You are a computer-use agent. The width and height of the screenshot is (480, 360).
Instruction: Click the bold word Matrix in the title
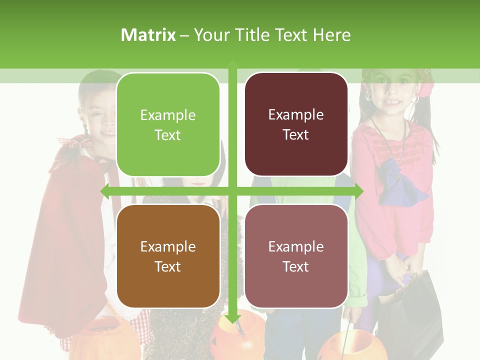tap(148, 35)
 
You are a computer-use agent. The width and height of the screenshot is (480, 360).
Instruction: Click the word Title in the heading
tap(253, 35)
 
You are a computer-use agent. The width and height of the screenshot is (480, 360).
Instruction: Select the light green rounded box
tap(168, 124)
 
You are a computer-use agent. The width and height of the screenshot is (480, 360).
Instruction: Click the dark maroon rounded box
tap(296, 124)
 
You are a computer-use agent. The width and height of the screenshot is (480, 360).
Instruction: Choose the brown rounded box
tap(168, 256)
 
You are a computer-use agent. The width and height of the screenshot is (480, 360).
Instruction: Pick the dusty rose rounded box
tap(296, 256)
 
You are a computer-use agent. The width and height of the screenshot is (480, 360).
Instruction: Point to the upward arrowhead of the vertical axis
tap(232, 64)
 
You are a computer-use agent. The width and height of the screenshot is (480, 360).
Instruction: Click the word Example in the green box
tap(168, 115)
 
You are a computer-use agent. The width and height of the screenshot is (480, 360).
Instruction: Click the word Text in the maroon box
tap(296, 135)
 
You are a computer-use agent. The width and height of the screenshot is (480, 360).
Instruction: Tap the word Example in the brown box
tap(168, 246)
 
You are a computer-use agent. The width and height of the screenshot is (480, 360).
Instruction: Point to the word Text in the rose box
tap(296, 266)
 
